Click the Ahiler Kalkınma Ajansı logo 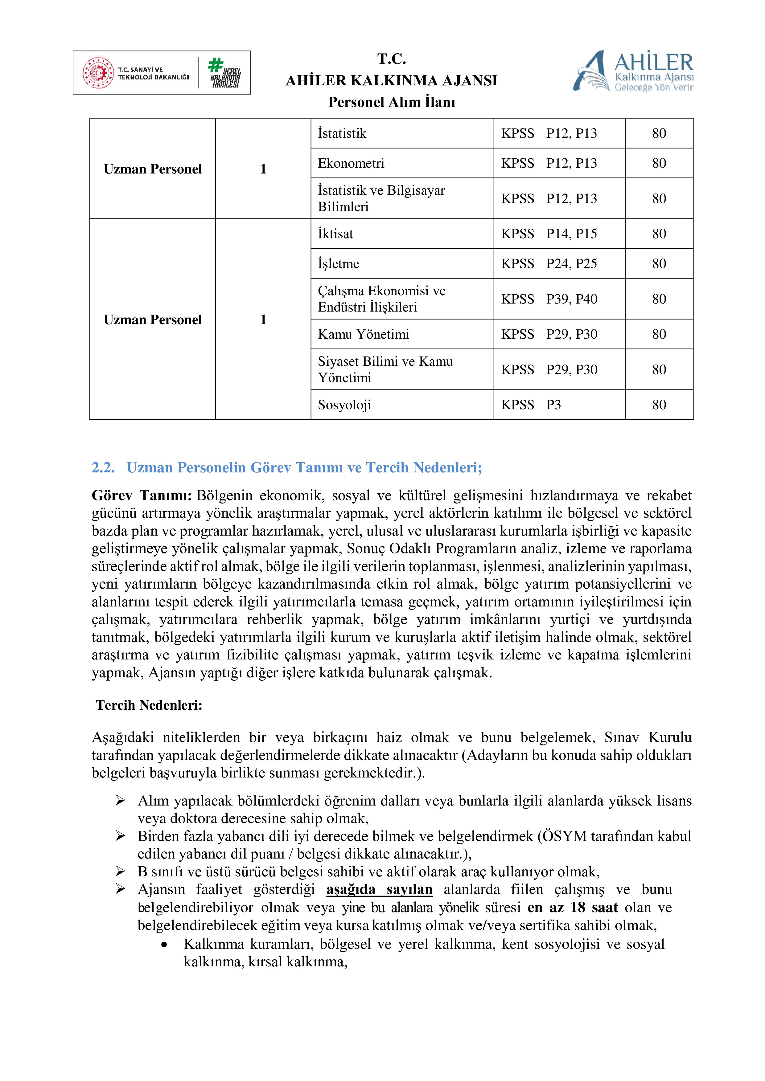tap(633, 71)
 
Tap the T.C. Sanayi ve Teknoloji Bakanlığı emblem tap(98, 73)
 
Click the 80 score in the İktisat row tap(659, 234)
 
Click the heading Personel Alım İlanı tap(392, 102)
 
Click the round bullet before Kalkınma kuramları tap(164, 944)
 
